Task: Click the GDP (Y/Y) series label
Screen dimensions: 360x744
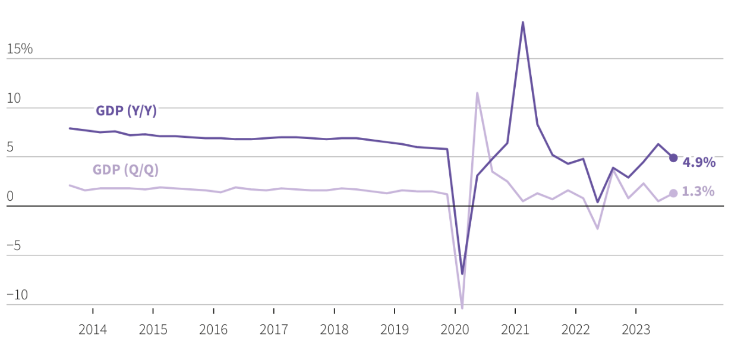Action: [x=126, y=111]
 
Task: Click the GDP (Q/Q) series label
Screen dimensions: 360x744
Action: [x=125, y=170]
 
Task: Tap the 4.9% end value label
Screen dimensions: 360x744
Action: [x=699, y=163]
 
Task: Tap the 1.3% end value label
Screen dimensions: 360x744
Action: [x=698, y=192]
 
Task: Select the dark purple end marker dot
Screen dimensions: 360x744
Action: [x=673, y=158]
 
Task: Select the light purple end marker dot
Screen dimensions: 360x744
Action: [x=673, y=193]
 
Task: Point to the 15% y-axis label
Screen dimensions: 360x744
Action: [x=20, y=49]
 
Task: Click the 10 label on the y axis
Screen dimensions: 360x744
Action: [x=14, y=99]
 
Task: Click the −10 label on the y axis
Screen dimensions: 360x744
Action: [x=17, y=295]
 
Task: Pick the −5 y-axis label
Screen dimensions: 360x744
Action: [x=14, y=246]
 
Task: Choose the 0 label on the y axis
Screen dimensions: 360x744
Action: [x=10, y=197]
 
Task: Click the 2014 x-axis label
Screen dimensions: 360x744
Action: [x=93, y=330]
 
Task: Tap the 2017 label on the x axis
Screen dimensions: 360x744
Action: [x=274, y=330]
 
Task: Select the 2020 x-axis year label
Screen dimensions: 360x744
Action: [x=455, y=330]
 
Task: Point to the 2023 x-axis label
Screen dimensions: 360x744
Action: [x=636, y=330]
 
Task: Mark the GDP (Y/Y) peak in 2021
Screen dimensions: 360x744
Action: [x=522, y=23]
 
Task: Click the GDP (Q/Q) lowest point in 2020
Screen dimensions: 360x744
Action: [x=462, y=308]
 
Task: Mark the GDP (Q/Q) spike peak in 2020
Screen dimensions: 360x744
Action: [x=477, y=93]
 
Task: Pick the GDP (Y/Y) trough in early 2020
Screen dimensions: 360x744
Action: [x=462, y=274]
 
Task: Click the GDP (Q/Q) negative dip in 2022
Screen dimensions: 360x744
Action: [x=598, y=229]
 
